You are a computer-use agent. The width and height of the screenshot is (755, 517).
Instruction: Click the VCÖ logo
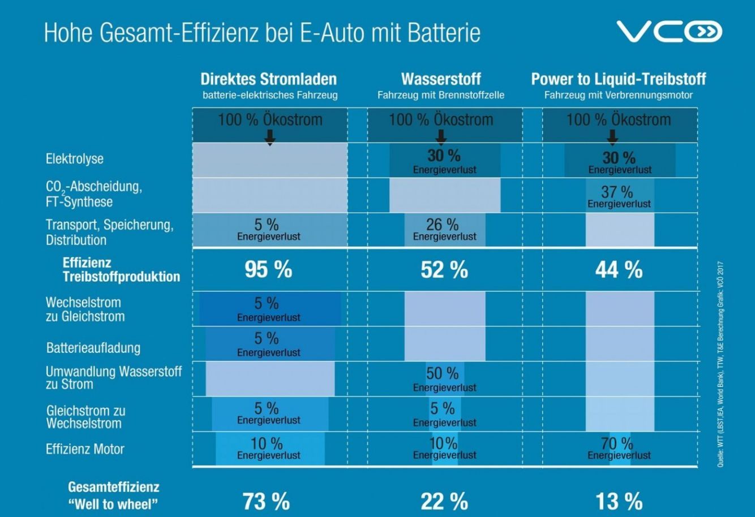(x=669, y=32)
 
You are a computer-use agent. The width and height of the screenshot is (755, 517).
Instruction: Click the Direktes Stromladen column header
(x=269, y=79)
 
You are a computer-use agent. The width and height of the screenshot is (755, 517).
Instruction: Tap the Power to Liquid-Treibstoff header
(x=618, y=79)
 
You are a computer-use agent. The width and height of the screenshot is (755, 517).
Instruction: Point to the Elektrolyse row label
(x=75, y=159)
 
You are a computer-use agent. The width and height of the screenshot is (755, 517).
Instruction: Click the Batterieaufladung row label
(x=93, y=348)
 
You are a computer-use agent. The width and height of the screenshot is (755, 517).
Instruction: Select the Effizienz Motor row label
(x=85, y=449)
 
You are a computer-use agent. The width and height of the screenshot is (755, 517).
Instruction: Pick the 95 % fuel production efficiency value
(x=268, y=270)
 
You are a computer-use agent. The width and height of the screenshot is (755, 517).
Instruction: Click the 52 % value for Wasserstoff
(x=444, y=270)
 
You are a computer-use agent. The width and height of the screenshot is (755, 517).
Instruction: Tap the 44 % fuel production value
(x=619, y=270)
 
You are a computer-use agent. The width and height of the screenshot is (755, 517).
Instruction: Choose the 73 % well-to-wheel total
(x=266, y=501)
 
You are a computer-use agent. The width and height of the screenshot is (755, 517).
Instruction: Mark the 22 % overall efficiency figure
(x=444, y=501)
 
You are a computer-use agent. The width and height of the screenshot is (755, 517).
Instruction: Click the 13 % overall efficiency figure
(x=619, y=501)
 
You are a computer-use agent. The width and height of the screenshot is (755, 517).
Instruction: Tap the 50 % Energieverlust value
(x=443, y=374)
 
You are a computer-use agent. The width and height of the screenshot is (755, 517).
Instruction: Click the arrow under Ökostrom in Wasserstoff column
(x=441, y=136)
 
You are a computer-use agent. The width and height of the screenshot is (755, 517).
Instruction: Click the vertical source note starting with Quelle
(x=719, y=362)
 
